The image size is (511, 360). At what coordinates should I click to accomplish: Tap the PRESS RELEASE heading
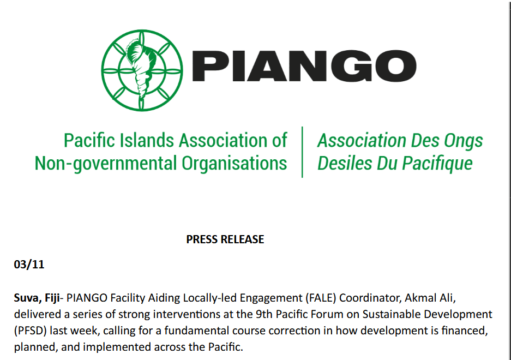(225, 239)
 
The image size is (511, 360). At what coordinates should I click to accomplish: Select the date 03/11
(29, 266)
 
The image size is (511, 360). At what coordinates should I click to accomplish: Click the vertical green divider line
(302, 152)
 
